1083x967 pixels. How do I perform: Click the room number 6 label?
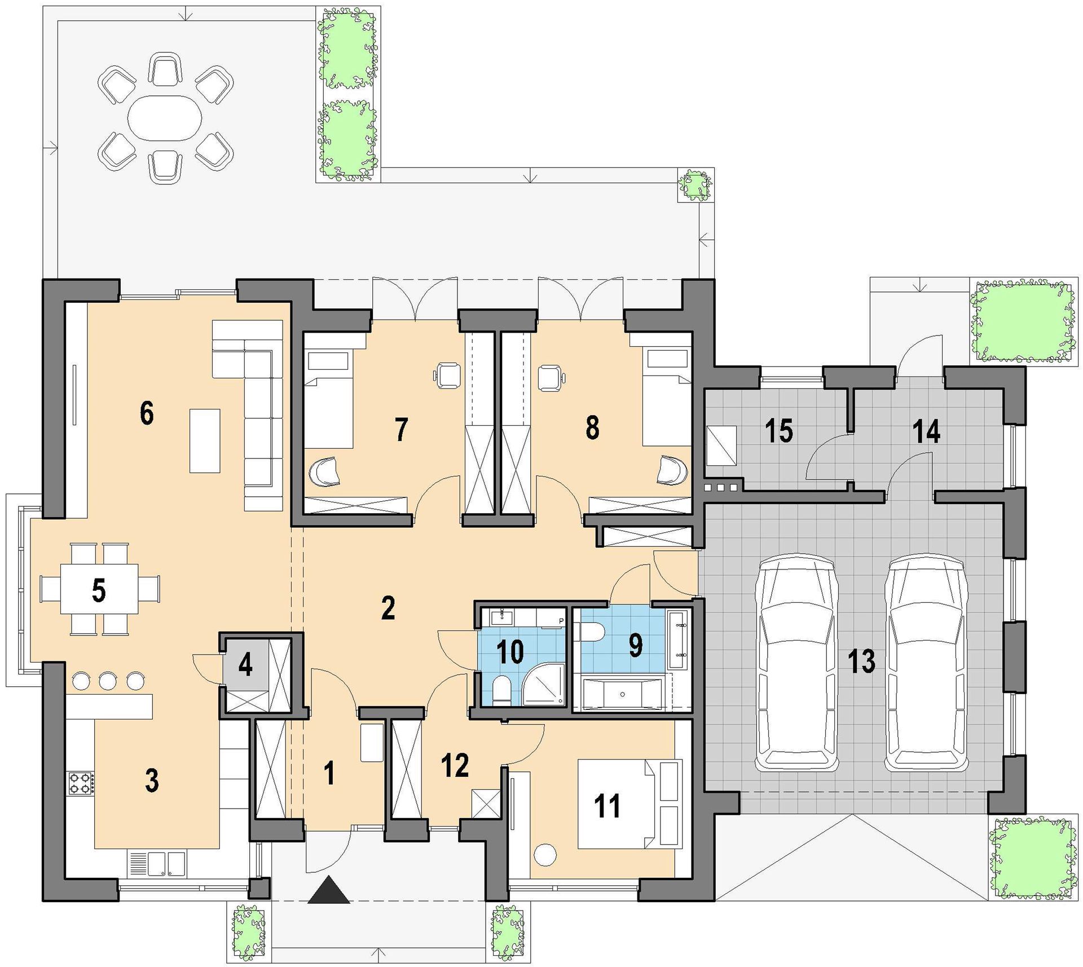tap(146, 414)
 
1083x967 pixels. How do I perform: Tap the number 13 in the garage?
tap(862, 661)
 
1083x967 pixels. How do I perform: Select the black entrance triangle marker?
tap(329, 890)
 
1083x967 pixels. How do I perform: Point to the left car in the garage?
tap(796, 664)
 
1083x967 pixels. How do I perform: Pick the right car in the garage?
tap(926, 664)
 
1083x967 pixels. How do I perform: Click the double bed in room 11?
tap(630, 803)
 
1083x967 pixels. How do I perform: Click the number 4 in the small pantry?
tap(245, 665)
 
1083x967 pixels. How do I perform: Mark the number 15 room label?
tap(779, 431)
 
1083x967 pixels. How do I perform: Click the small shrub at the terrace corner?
tap(694, 184)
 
